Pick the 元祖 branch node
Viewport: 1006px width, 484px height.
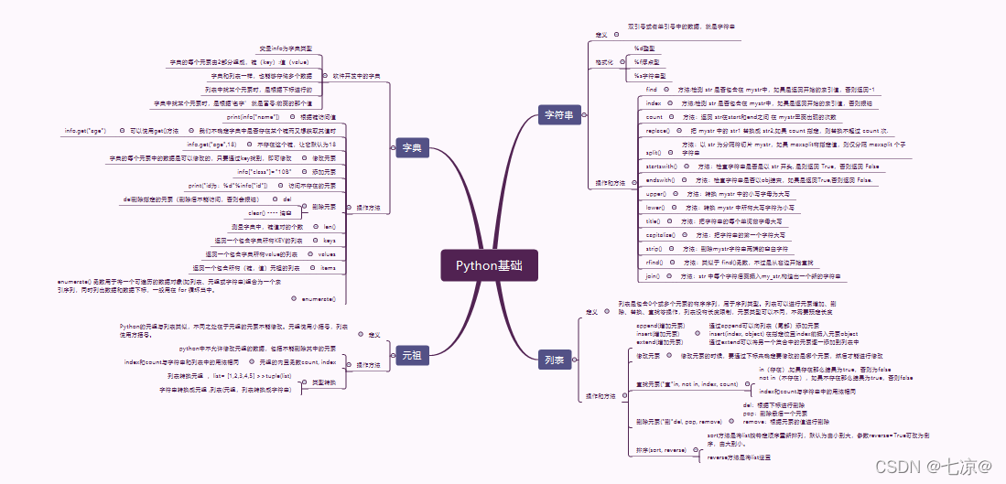pos(411,354)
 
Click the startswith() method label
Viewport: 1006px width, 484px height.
pos(662,167)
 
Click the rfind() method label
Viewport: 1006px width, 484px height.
pos(654,262)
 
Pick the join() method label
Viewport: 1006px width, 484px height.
pos(653,275)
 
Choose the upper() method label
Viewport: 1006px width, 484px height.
pos(656,194)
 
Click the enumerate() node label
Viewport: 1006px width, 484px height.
pos(319,299)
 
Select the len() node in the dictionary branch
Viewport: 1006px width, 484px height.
pos(330,226)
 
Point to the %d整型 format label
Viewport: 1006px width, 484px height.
pos(646,48)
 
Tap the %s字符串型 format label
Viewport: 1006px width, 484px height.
pos(650,75)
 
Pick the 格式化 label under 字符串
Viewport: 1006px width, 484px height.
pos(603,62)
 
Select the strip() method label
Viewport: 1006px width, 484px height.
pos(654,249)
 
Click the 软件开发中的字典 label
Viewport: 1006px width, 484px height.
pos(356,75)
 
